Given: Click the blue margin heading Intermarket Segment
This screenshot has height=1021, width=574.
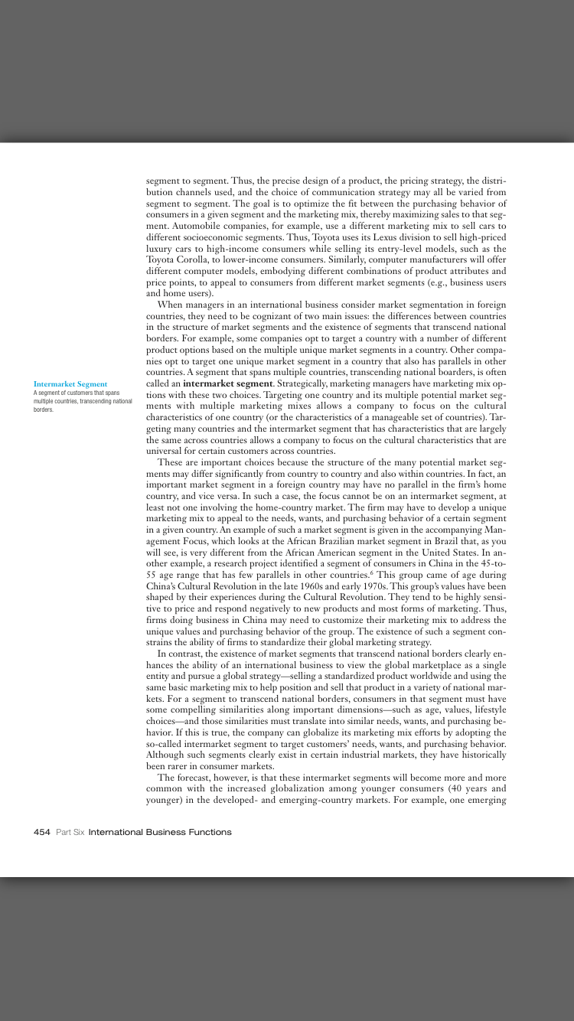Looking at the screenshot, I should pyautogui.click(x=70, y=384).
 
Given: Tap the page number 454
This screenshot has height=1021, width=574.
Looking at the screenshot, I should pyautogui.click(x=42, y=832).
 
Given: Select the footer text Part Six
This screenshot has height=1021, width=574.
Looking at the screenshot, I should pyautogui.click(x=70, y=832).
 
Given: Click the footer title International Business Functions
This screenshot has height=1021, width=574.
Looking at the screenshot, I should pyautogui.click(x=160, y=832).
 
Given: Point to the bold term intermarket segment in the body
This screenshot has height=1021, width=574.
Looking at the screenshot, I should pyautogui.click(x=228, y=383).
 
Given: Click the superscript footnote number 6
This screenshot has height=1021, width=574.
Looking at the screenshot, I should pyautogui.click(x=373, y=572).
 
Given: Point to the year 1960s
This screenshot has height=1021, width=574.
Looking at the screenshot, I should pyautogui.click(x=311, y=585).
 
